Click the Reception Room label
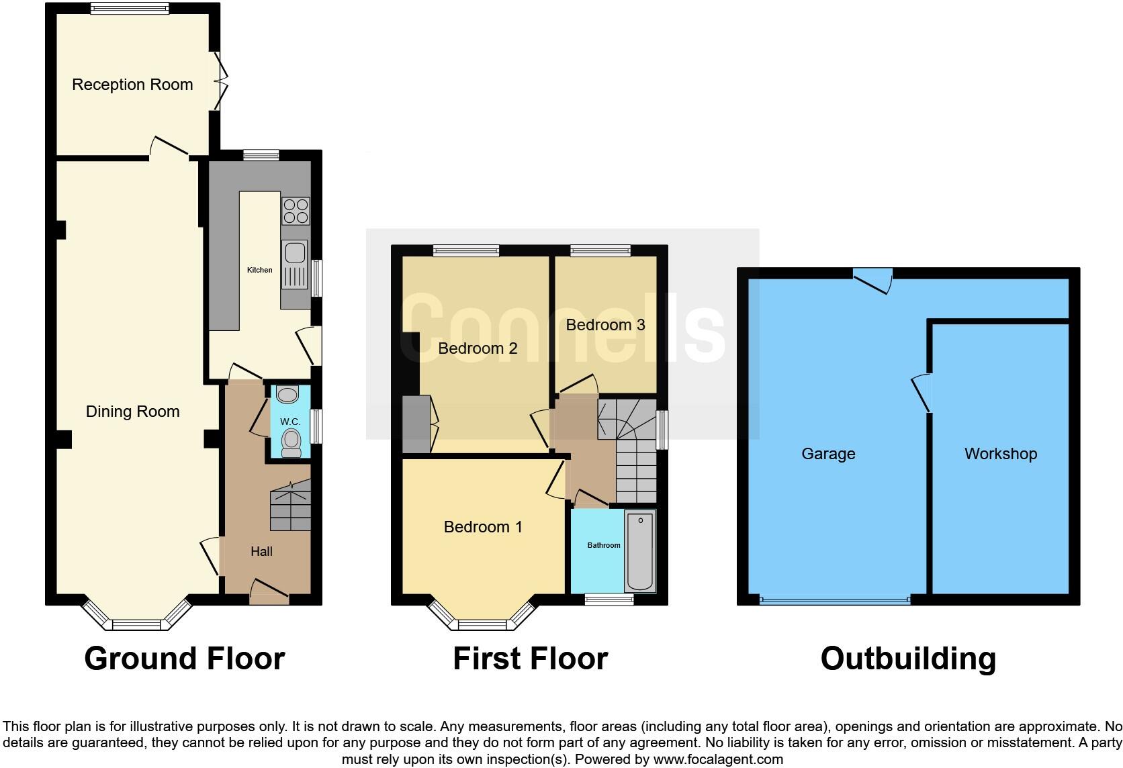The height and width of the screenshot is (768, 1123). coord(132,85)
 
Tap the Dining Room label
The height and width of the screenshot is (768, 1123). coord(132,412)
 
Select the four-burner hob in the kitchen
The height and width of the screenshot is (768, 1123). coord(296,211)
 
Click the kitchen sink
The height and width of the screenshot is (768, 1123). coord(294,253)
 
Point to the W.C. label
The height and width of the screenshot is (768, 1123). coord(289,422)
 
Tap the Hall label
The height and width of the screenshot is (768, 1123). coord(261,551)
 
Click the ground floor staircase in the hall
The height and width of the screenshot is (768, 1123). coord(291,510)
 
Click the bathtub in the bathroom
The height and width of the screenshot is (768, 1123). coord(640,550)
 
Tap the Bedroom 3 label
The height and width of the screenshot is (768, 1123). coord(605,325)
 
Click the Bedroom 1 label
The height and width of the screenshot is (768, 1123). coord(482,527)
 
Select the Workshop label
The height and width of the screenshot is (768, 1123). coord(1000,454)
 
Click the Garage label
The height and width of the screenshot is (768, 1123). coord(827,454)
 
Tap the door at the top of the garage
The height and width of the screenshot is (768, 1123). coord(873,279)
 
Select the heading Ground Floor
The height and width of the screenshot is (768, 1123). coord(184,659)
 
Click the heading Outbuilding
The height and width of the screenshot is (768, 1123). coord(907,659)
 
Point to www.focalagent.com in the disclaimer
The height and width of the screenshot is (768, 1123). coord(717,760)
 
